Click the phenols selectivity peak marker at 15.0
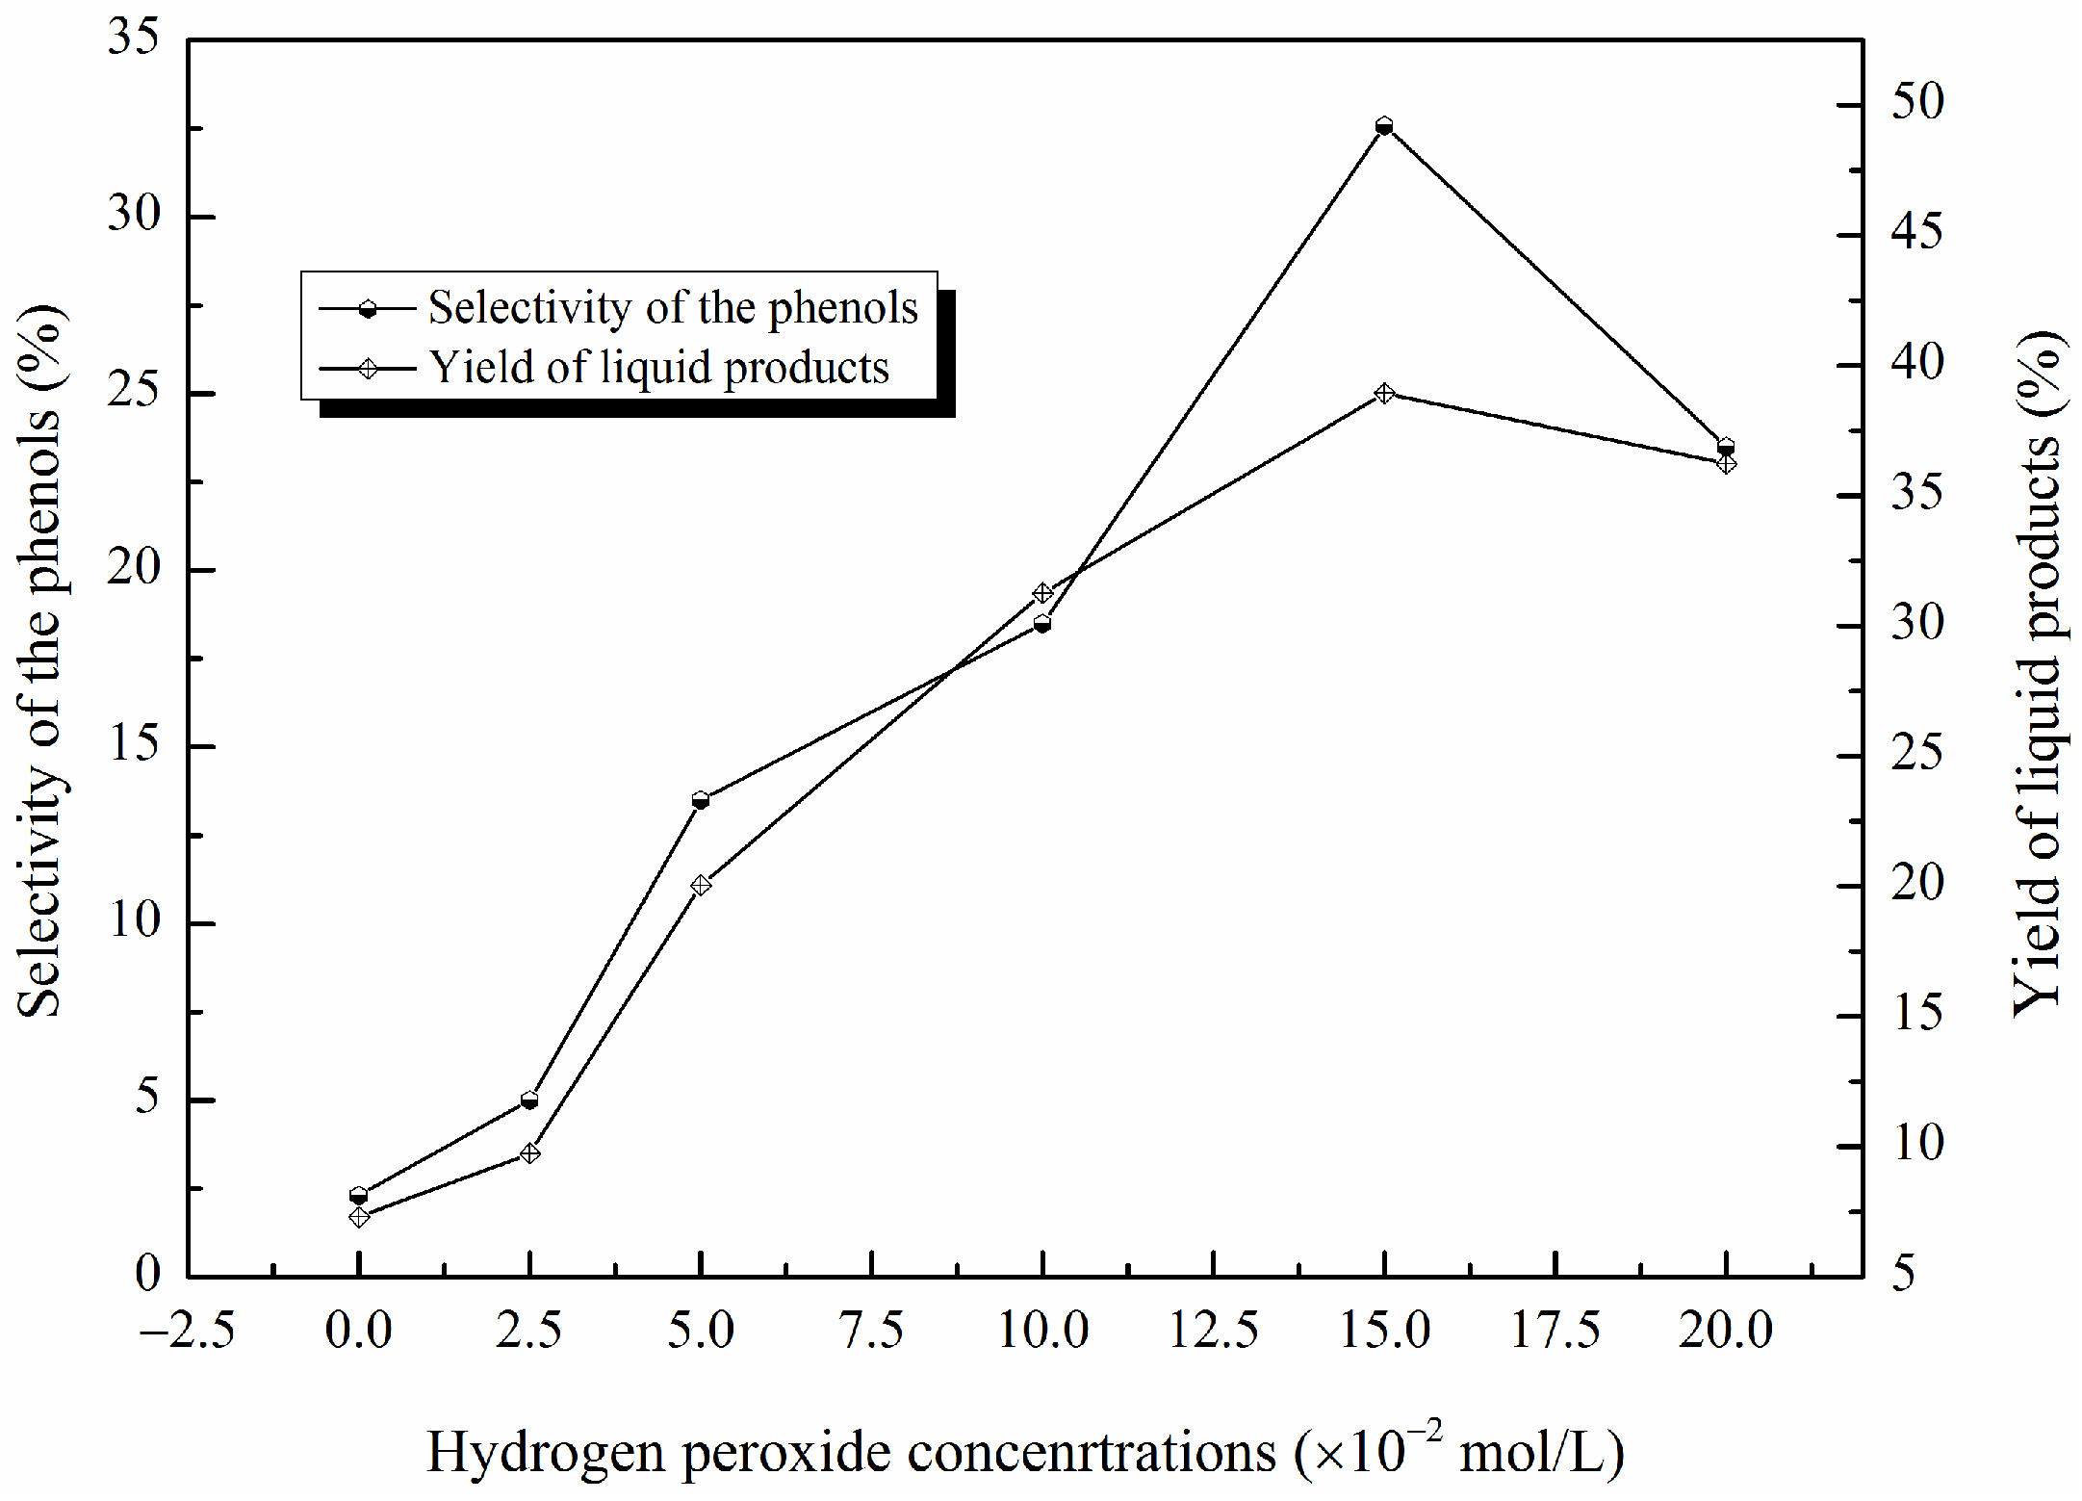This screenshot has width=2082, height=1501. pyautogui.click(x=1384, y=126)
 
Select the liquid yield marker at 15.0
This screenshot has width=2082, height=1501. pyautogui.click(x=1384, y=393)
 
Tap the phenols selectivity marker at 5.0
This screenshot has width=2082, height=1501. pyautogui.click(x=701, y=800)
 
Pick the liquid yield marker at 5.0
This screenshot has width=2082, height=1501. pyautogui.click(x=701, y=885)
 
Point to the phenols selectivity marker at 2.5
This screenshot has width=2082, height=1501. pyautogui.click(x=529, y=1100)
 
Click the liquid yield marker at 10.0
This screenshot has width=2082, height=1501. pyautogui.click(x=1042, y=593)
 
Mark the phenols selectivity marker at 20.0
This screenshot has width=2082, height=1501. pyautogui.click(x=1726, y=447)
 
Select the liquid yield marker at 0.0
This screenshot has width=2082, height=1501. pyautogui.click(x=359, y=1217)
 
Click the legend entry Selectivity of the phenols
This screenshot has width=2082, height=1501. pyautogui.click(x=673, y=308)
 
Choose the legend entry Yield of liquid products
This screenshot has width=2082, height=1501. pyautogui.click(x=658, y=368)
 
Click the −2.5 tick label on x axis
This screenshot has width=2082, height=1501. pyautogui.click(x=188, y=1332)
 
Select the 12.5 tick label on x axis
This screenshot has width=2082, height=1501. pyautogui.click(x=1213, y=1332)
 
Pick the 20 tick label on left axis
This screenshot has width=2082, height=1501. pyautogui.click(x=134, y=570)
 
